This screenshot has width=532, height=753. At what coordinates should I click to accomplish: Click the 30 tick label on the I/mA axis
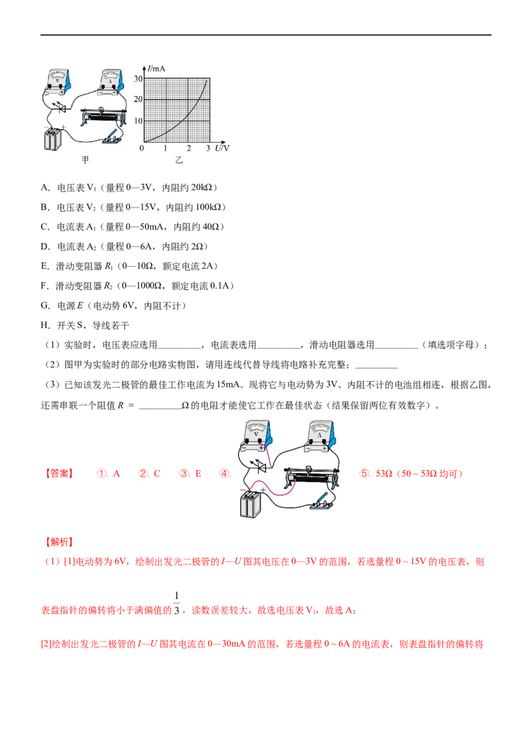pyautogui.click(x=138, y=78)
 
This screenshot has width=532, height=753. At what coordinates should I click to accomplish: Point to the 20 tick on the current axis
pyautogui.click(x=138, y=100)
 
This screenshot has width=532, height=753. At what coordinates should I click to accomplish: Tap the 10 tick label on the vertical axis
pyautogui.click(x=138, y=121)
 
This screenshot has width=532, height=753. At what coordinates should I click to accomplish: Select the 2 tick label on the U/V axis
pyautogui.click(x=188, y=148)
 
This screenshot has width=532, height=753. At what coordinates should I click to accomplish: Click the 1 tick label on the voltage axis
pyautogui.click(x=166, y=148)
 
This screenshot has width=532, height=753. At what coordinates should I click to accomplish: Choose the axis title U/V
pyautogui.click(x=222, y=148)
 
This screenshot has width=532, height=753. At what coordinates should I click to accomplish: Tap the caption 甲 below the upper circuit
pyautogui.click(x=84, y=160)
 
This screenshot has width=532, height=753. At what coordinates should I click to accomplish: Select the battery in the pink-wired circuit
pyautogui.click(x=252, y=504)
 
